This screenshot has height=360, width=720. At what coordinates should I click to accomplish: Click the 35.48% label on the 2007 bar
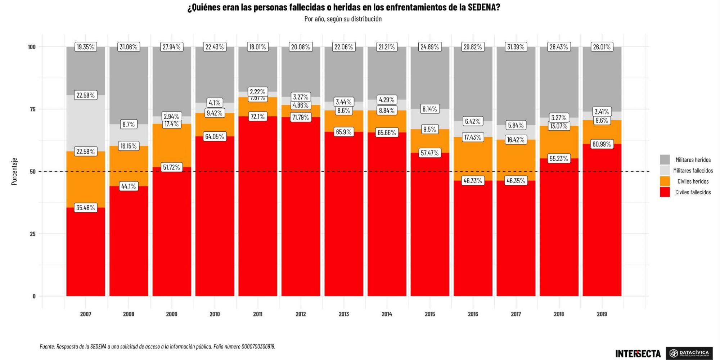point(85,208)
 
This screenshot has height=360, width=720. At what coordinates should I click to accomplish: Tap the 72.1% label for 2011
point(257,117)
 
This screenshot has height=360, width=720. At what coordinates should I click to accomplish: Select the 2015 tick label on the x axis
point(429,314)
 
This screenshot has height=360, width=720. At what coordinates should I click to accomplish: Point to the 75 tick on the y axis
point(32,109)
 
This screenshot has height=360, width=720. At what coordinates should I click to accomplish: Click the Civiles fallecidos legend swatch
point(665,192)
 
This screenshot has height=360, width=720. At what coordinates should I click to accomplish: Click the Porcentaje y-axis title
point(14,171)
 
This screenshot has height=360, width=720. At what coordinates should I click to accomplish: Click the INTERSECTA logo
point(638,354)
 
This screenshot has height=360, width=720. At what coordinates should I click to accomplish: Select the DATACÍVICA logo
point(689,353)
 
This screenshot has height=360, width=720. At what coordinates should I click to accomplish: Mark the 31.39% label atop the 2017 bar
point(516,47)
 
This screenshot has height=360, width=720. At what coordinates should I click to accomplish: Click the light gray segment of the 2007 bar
point(86,122)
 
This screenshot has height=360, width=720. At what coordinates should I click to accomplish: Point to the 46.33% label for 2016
point(472,181)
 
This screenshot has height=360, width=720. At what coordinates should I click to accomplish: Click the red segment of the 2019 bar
point(602,223)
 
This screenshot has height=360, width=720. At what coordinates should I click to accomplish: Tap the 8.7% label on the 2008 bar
point(129,125)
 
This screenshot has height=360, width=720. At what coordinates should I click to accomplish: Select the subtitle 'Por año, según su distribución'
point(343,19)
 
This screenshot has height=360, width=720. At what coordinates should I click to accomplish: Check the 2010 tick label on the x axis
point(215,314)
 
